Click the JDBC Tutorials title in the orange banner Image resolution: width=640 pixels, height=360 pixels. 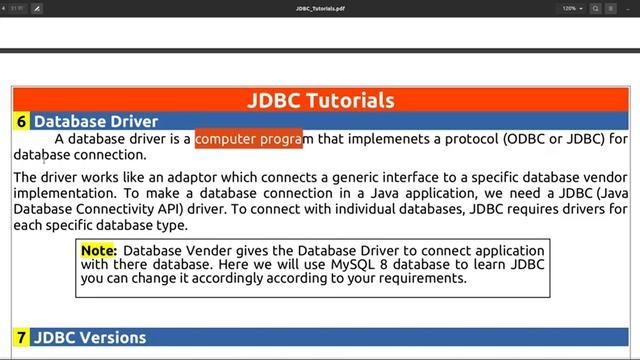pos(320,100)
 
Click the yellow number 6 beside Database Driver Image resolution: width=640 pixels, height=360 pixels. pos(21,122)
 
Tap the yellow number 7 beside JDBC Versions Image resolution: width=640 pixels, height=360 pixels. pos(21,338)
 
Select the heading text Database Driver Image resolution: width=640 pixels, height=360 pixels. pos(96,122)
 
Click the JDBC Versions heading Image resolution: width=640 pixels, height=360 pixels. pos(90,338)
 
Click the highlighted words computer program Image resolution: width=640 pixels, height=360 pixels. pos(248,139)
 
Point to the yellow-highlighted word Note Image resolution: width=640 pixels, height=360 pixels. pos(98,250)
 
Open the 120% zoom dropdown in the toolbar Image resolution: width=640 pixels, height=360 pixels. pos(574,8)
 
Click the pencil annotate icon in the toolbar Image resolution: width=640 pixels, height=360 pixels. pos(37,8)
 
